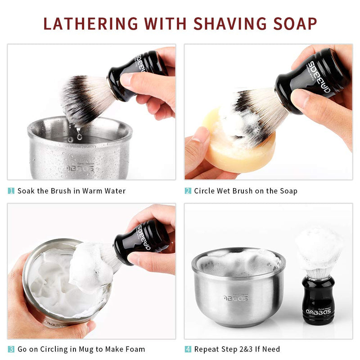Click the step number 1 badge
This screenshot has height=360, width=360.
[x=11, y=191]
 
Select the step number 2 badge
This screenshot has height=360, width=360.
[x=188, y=191]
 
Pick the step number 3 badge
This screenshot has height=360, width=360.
[x=11, y=349]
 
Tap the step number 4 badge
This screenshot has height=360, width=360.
[x=188, y=349]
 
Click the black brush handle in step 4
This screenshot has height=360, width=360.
[x=318, y=299]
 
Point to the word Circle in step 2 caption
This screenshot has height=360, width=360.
[x=206, y=191]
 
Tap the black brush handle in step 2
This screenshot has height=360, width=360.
[x=310, y=79]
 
